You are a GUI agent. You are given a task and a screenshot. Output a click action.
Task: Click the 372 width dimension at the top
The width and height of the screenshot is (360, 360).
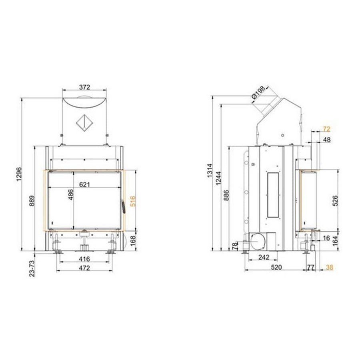[84, 87]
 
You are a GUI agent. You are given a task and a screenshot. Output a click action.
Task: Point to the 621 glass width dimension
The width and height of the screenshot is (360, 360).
[84, 184]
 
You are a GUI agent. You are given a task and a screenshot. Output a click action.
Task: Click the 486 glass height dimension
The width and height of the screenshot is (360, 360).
[71, 194]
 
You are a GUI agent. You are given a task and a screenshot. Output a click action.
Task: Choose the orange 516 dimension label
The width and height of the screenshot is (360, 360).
[132, 201]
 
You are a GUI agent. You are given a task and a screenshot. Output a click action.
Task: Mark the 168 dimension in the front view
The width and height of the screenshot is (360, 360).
[133, 241]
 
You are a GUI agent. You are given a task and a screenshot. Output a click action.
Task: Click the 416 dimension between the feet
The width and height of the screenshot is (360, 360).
[84, 259]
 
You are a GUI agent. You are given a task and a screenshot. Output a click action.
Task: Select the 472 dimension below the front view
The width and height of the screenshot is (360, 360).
[84, 268]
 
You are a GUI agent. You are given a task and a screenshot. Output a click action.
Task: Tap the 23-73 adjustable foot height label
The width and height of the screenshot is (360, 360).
[32, 268]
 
